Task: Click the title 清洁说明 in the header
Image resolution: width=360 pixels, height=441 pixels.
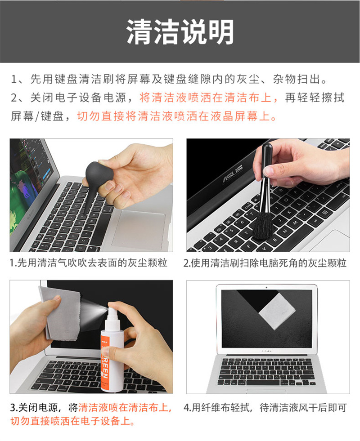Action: pos(180,31)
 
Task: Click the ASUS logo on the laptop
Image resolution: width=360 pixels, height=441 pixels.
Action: pos(233,174)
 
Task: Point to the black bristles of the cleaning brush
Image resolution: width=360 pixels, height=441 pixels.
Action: pos(263,225)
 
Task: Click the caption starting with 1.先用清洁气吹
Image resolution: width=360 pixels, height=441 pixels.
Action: pos(89,263)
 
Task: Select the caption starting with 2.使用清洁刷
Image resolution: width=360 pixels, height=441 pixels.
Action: pos(265,263)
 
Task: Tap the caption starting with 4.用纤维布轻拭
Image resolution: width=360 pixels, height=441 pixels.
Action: pos(265,407)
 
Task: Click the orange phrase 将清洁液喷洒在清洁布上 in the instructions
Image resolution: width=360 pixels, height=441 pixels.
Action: pos(205,98)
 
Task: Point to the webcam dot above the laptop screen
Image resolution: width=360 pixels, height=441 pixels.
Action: pos(266,287)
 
